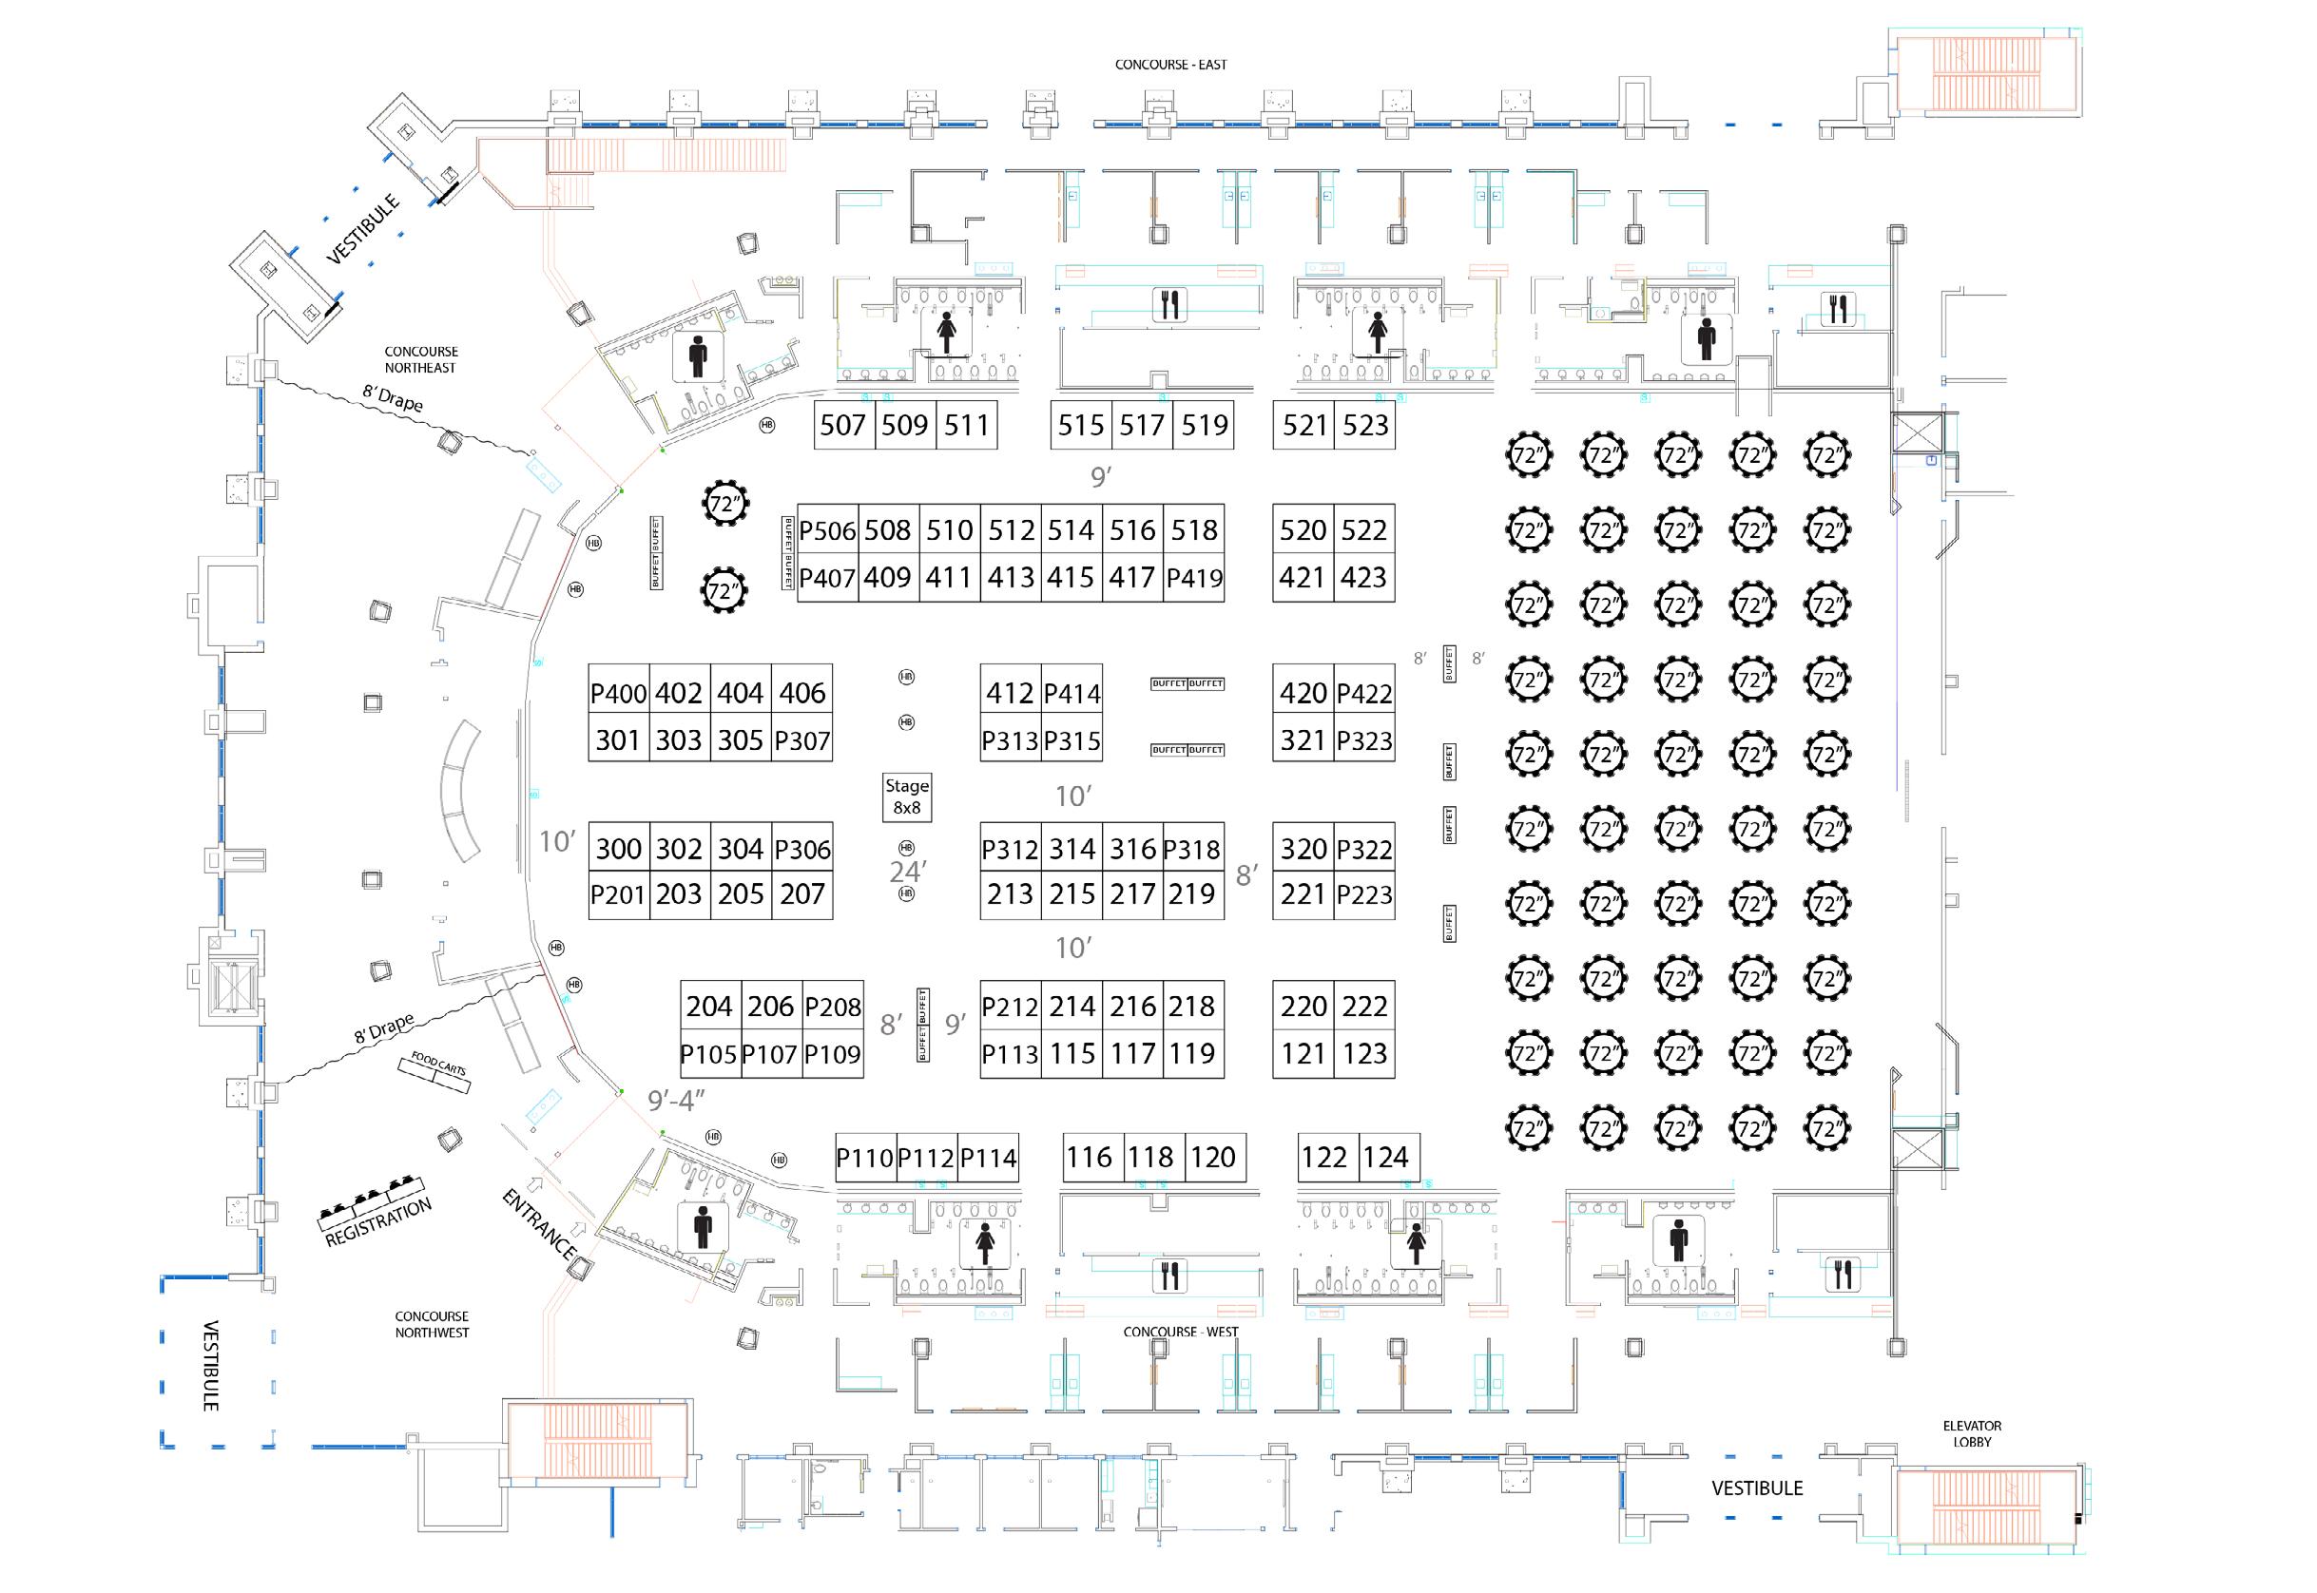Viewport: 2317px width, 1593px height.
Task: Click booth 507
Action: (x=843, y=425)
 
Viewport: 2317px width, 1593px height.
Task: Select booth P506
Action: (x=827, y=530)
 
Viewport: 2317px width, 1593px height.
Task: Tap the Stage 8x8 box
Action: (x=906, y=796)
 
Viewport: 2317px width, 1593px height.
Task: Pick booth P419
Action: (x=1194, y=578)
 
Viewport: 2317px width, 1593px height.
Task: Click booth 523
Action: (x=1364, y=425)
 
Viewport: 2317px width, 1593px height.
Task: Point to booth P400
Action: (x=619, y=693)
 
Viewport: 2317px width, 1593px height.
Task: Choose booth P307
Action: (x=802, y=740)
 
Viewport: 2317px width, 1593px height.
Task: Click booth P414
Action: (x=1072, y=693)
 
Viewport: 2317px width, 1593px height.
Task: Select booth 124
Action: (x=1385, y=1157)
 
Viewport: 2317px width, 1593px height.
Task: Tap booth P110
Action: (x=864, y=1158)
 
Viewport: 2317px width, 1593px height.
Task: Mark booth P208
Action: (x=833, y=1007)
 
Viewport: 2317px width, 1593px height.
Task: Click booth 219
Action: (x=1192, y=894)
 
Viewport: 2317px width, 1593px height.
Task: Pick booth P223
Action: (x=1364, y=894)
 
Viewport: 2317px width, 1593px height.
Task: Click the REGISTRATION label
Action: (x=378, y=1222)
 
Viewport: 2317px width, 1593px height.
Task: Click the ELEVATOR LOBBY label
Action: (x=1972, y=1433)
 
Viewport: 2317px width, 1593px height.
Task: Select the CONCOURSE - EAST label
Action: (x=1171, y=65)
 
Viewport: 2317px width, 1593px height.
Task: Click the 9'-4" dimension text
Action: (x=676, y=1100)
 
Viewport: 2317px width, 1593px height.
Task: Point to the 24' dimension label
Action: (x=907, y=872)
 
